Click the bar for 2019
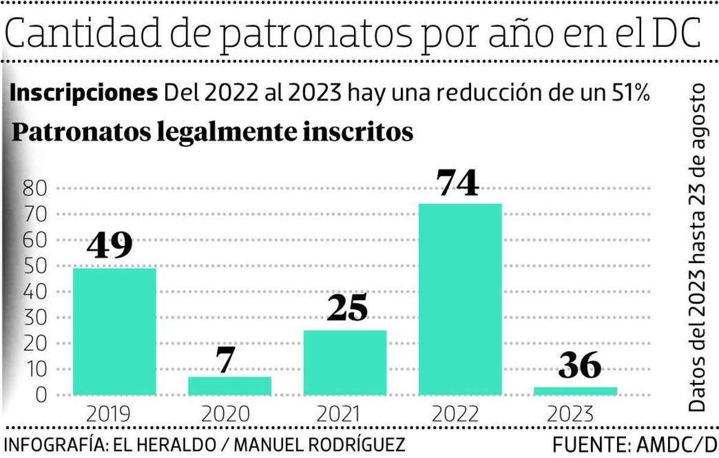114,332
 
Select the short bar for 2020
229,385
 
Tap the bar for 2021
345,363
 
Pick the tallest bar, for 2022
460,299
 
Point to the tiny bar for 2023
575,391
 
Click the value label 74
458,183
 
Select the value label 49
110,246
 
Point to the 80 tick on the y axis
35,188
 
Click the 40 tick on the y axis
35,292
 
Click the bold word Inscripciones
84,94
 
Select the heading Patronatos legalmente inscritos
213,132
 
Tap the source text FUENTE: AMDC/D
634,445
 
